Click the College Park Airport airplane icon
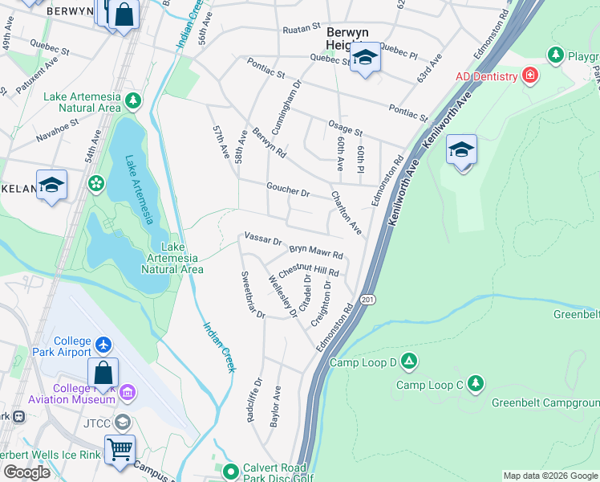pyautogui.click(x=103, y=345)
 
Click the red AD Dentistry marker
pyautogui.click(x=529, y=76)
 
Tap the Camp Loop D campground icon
pyautogui.click(x=409, y=361)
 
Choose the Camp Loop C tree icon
pyautogui.click(x=476, y=382)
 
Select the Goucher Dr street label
pyautogui.click(x=288, y=192)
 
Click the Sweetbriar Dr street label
pyautogui.click(x=253, y=295)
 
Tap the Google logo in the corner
pyautogui.click(x=26, y=472)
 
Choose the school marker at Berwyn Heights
pyautogui.click(x=365, y=59)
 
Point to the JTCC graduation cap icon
pyautogui.click(x=122, y=421)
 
